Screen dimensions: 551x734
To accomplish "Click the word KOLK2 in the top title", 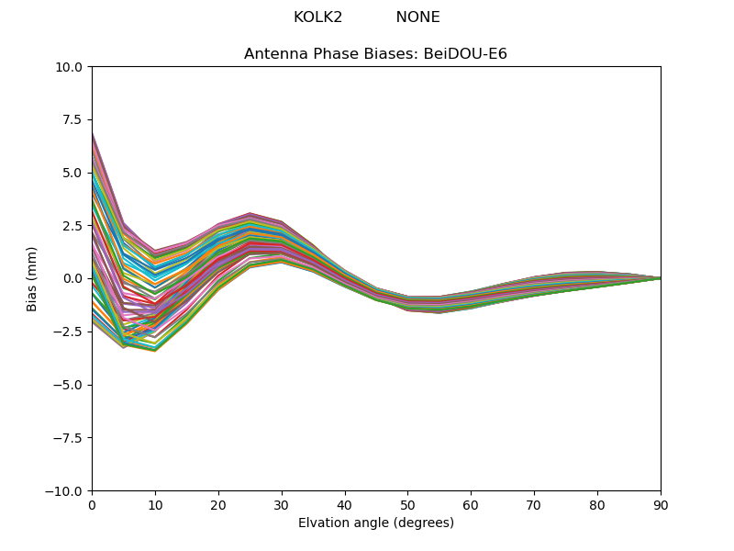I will click(x=317, y=17).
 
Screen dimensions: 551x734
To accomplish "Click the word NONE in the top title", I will click(x=417, y=17).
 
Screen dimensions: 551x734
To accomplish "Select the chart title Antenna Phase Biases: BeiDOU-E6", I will click(x=375, y=54).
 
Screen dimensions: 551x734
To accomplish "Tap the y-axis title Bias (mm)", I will click(x=32, y=278).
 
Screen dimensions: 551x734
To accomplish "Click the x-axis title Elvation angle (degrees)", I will click(x=375, y=523).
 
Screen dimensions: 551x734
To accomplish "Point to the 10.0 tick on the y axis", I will click(x=72, y=67).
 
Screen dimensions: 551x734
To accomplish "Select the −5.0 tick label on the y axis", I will click(x=70, y=385).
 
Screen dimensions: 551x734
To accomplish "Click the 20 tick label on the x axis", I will click(x=218, y=505).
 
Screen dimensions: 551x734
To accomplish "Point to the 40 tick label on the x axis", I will click(x=345, y=505).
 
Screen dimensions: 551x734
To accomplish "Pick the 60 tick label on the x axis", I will click(x=471, y=505).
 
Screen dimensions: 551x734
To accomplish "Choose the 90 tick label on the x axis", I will click(x=661, y=505).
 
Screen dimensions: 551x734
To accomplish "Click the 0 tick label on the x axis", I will click(x=92, y=505).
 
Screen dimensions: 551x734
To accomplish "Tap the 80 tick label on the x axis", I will click(x=597, y=505).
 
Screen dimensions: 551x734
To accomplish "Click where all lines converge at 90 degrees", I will click(x=660, y=278).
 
